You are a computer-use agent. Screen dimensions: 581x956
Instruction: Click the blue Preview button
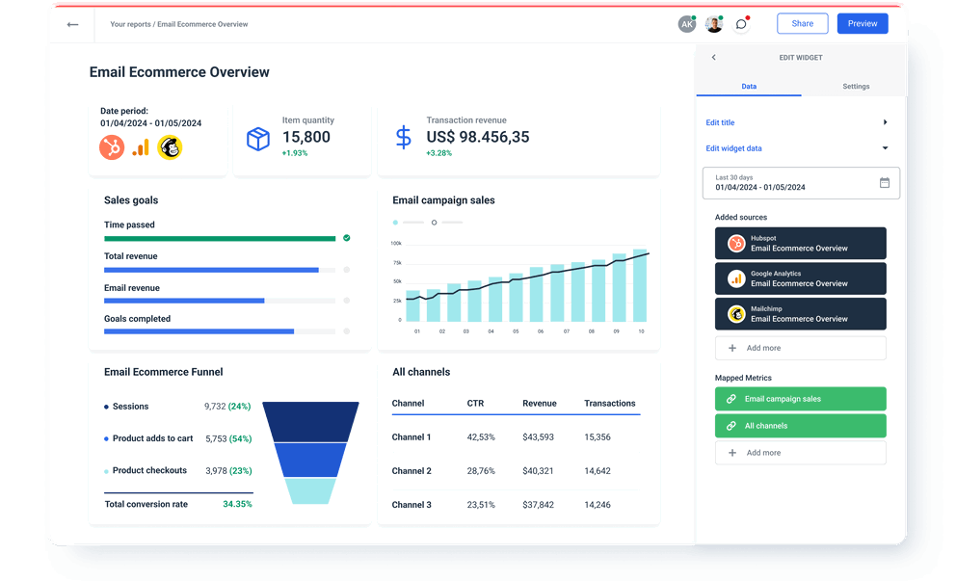point(863,24)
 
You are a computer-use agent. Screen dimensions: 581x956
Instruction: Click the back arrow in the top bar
point(72,24)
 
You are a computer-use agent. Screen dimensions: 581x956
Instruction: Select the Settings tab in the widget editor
point(856,87)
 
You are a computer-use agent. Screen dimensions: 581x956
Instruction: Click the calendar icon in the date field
point(885,182)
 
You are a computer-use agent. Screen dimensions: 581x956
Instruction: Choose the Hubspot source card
point(800,244)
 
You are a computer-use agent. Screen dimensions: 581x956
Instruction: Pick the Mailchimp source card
point(800,314)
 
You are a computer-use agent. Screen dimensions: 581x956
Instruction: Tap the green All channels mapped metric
point(800,426)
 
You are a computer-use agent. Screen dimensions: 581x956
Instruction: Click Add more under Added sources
point(800,348)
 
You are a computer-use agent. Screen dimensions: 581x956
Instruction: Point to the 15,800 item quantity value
point(306,138)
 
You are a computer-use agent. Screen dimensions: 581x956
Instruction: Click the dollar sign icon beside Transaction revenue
point(403,137)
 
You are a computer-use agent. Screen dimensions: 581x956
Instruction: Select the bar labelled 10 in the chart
point(641,286)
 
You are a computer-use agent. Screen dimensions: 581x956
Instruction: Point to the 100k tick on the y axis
point(396,244)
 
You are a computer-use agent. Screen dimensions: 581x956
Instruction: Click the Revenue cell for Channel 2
point(538,471)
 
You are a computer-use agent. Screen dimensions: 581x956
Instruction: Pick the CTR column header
point(475,403)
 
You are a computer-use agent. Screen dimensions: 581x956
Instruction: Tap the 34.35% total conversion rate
point(237,504)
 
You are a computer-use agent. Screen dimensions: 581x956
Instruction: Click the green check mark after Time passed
point(346,237)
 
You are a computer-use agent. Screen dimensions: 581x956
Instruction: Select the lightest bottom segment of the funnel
point(310,491)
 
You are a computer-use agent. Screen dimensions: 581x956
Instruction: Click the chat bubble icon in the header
point(741,24)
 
